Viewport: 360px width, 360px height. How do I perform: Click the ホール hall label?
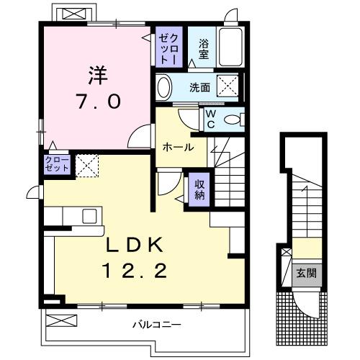(178, 147)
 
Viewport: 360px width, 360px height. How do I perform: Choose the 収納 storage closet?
(199, 188)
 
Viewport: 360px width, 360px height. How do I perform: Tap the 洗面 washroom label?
(199, 88)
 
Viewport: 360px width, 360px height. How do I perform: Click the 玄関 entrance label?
(305, 273)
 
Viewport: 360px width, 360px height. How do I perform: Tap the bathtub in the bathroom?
(231, 48)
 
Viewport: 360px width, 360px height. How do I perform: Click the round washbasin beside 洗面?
(165, 89)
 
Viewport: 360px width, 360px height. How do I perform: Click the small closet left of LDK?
(58, 163)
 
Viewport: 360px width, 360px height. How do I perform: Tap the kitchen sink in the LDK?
(90, 215)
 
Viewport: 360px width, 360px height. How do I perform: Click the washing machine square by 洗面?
(228, 88)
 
